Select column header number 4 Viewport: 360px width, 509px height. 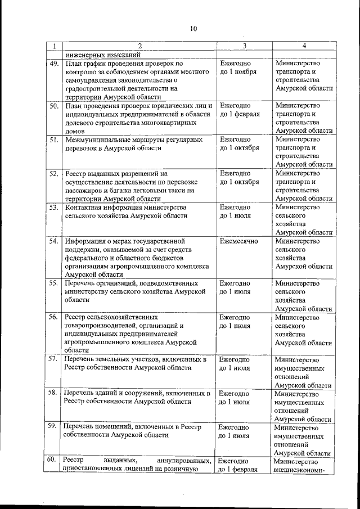pyautogui.click(x=304, y=46)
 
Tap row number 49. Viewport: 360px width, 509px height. pyautogui.click(x=53, y=64)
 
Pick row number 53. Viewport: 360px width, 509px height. pyautogui.click(x=53, y=207)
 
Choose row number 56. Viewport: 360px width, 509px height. pyautogui.click(x=53, y=317)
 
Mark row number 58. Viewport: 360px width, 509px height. pyautogui.click(x=53, y=393)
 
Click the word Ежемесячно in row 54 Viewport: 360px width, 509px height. pyautogui.click(x=239, y=241)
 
